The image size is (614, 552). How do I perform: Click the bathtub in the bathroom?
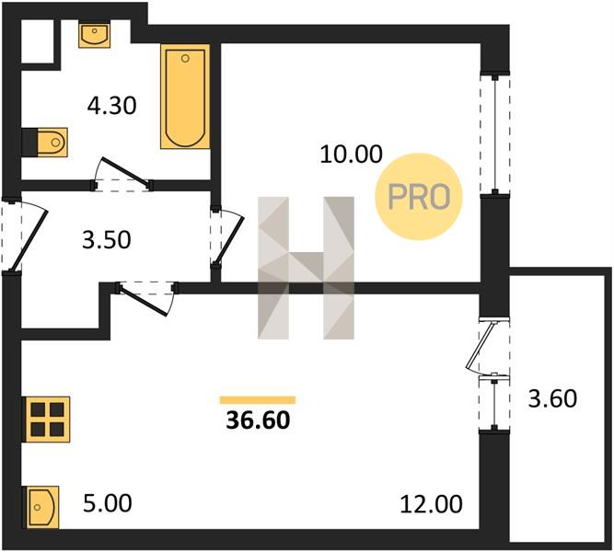click(x=185, y=97)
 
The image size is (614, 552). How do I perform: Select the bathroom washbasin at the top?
click(x=94, y=35)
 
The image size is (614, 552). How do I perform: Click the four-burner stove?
click(x=47, y=420)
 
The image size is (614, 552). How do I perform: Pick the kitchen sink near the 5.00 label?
click(x=43, y=507)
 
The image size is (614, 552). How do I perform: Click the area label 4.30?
click(x=112, y=106)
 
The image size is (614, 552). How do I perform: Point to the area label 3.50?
click(x=107, y=240)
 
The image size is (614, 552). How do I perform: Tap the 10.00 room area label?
click(x=351, y=154)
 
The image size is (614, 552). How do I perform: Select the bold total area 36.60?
click(x=258, y=420)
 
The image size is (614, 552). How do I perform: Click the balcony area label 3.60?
click(x=552, y=399)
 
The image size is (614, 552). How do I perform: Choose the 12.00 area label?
click(x=431, y=504)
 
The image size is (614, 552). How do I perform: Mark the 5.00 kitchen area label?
click(x=108, y=503)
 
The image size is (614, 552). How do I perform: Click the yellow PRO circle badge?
click(x=419, y=197)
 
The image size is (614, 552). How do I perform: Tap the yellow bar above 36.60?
click(x=258, y=399)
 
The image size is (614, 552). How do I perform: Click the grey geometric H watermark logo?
click(x=306, y=268)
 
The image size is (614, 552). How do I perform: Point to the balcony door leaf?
click(x=481, y=345)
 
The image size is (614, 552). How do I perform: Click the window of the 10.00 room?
click(x=495, y=133)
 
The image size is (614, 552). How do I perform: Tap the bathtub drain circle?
click(x=186, y=59)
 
